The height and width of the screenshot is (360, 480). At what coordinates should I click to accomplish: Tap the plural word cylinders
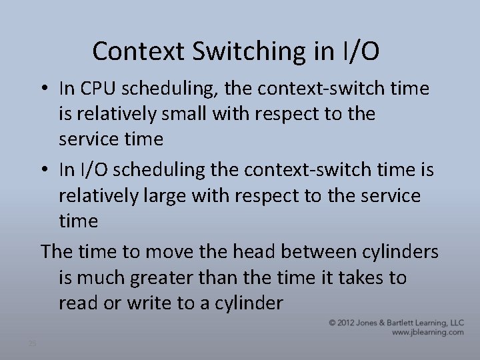[400, 251]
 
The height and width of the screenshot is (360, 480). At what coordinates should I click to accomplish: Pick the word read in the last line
[76, 303]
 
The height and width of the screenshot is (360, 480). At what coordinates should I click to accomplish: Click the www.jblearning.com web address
[427, 332]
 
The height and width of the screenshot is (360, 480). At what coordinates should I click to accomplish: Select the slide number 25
[32, 343]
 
